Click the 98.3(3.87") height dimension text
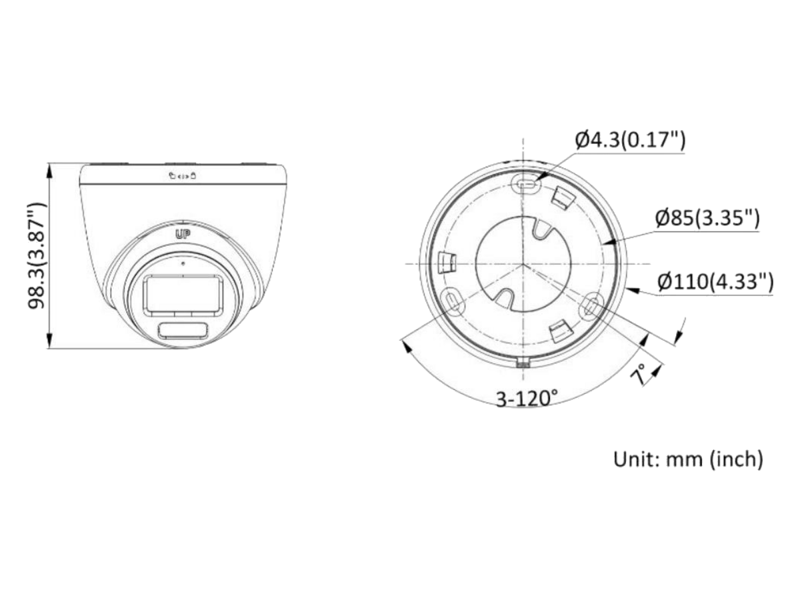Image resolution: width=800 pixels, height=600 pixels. tap(37, 256)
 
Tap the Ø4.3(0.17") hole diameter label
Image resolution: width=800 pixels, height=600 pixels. tap(630, 140)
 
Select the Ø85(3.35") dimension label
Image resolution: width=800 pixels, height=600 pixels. tap(707, 218)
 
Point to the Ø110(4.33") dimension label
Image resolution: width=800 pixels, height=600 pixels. tap(715, 281)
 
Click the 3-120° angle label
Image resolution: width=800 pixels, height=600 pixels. tap(527, 398)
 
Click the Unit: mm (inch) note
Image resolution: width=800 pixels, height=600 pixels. tap(688, 459)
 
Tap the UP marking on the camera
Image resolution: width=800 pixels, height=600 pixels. tap(183, 235)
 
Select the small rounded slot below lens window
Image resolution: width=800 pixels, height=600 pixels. tap(183, 331)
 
